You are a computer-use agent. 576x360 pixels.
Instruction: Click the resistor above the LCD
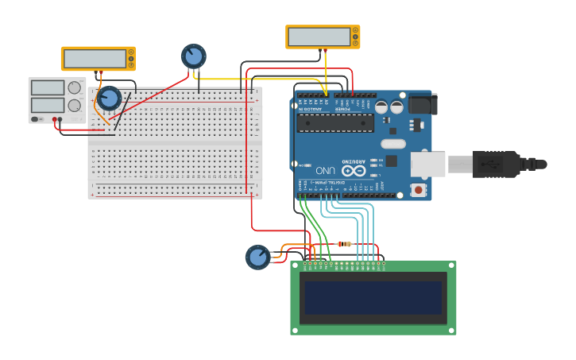[x=345, y=244]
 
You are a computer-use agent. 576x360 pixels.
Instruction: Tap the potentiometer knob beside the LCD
[x=257, y=257]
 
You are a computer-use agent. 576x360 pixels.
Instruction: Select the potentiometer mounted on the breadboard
[x=108, y=99]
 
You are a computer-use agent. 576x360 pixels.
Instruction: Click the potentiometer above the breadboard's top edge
[x=193, y=56]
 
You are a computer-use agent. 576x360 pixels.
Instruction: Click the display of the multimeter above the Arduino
[x=319, y=37]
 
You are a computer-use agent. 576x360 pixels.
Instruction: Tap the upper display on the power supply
[x=48, y=87]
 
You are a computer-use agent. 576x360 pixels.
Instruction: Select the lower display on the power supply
[x=48, y=105]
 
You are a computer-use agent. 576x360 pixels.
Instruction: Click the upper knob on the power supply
[x=75, y=87]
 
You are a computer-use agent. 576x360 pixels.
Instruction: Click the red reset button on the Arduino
[x=418, y=189]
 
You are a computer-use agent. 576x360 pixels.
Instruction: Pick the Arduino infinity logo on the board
[x=354, y=170]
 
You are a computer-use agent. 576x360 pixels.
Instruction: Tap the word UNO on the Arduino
[x=325, y=170]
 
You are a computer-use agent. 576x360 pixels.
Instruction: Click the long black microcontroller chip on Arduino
[x=334, y=123]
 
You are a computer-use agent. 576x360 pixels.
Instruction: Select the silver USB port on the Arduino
[x=427, y=164]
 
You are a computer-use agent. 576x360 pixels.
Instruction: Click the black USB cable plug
[x=496, y=165]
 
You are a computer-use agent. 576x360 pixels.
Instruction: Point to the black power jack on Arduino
[x=422, y=104]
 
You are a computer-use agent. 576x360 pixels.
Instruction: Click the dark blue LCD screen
[x=373, y=297]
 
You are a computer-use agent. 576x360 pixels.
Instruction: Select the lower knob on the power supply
[x=75, y=105]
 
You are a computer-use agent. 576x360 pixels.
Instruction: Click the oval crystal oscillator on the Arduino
[x=392, y=144]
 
